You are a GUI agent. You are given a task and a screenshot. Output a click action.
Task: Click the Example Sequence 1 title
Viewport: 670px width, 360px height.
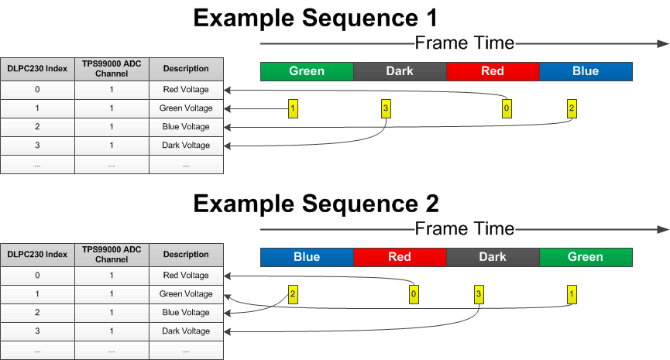[315, 18]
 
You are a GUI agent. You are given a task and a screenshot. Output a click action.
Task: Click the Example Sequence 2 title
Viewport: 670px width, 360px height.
[315, 204]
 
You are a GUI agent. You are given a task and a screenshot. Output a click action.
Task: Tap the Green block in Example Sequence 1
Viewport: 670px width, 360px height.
[307, 71]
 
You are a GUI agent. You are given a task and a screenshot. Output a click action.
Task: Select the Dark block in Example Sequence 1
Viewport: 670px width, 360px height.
[400, 71]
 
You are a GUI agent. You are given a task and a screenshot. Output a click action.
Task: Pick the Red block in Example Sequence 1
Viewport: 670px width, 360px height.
[493, 71]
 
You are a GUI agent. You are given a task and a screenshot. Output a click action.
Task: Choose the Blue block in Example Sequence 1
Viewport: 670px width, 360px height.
[586, 71]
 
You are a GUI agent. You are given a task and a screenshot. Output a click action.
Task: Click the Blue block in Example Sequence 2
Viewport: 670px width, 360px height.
[307, 257]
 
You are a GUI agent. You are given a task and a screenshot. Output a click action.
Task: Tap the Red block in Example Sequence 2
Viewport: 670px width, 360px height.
[400, 257]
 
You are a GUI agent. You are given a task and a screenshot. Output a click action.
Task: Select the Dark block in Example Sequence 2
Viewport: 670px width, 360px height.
[493, 257]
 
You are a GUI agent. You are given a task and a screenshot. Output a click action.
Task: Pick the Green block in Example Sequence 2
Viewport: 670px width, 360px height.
[586, 257]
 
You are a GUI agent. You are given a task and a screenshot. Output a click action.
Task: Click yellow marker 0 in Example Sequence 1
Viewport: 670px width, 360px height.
[506, 108]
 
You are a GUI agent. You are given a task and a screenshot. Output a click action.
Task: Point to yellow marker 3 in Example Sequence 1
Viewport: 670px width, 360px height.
[385, 108]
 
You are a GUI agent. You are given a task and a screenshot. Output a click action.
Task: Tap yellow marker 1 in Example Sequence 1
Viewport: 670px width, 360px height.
[292, 108]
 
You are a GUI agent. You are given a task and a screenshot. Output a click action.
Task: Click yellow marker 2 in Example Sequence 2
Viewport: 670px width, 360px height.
[292, 294]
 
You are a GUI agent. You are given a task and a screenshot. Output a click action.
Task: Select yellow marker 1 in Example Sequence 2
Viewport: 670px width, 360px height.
[572, 294]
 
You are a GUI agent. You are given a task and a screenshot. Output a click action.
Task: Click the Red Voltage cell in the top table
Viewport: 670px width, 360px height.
[186, 90]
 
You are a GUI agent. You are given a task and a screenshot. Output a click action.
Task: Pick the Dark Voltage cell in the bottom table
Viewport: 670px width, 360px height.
[186, 331]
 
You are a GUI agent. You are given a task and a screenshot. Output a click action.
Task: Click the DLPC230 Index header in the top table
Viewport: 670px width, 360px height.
[37, 69]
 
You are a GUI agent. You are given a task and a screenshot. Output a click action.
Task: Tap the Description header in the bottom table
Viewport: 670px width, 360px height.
[186, 255]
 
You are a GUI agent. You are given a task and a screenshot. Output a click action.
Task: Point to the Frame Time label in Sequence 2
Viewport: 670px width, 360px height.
[464, 228]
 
